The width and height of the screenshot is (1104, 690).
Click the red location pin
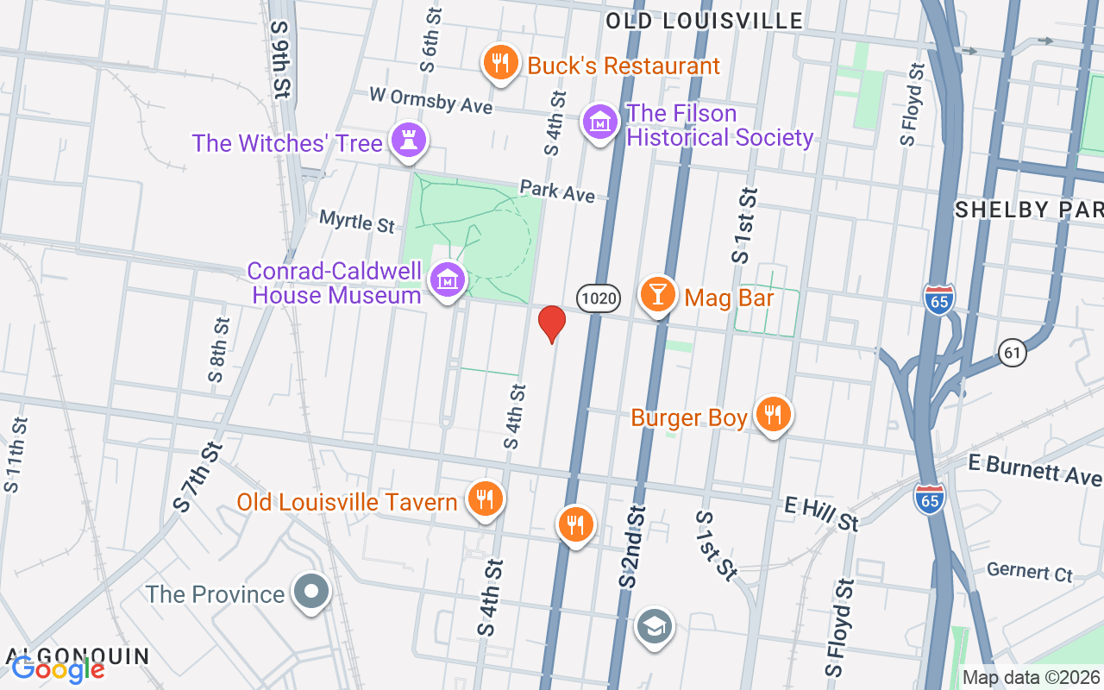point(552,323)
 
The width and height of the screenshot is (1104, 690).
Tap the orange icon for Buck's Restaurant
point(499,62)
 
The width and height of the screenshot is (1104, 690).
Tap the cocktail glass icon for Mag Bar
point(658,295)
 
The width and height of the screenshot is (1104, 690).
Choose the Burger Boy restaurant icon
point(773,416)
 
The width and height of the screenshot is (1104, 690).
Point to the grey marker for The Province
point(311,593)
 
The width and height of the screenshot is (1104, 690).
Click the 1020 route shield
point(598,299)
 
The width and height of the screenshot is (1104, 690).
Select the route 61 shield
point(1013,352)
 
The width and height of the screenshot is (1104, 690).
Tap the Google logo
point(58,668)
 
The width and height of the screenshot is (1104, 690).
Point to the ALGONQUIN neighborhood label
point(78,655)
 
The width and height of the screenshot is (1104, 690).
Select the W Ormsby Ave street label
point(430,99)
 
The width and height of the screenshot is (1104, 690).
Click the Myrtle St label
point(357,222)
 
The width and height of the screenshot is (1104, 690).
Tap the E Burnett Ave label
point(1034,470)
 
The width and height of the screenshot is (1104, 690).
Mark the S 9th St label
point(279,60)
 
